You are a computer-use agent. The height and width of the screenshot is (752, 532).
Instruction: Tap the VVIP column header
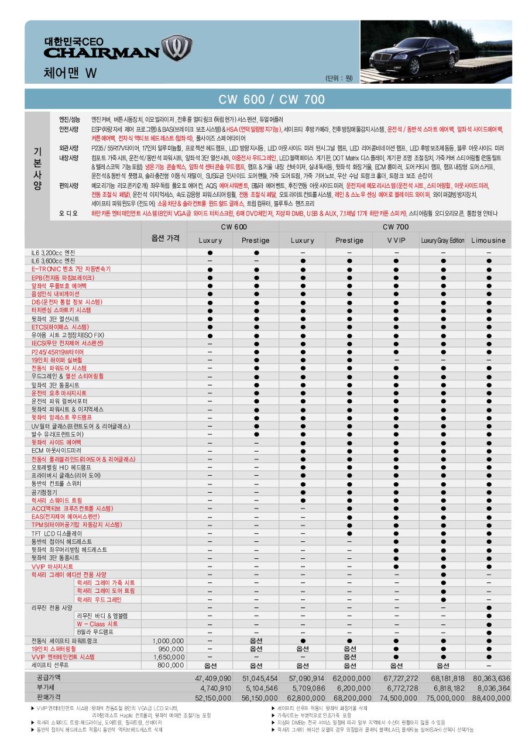point(396,241)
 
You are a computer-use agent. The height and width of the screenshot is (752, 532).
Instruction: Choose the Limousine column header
point(489,241)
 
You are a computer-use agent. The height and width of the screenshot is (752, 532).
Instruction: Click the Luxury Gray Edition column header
point(442,241)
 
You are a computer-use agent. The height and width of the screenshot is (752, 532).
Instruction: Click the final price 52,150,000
point(212,698)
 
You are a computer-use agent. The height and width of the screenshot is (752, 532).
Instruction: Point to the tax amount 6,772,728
point(397,688)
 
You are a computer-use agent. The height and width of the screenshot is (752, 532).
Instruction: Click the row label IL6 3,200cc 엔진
point(53,252)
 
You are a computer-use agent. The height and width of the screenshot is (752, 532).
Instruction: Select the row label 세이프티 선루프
point(50,665)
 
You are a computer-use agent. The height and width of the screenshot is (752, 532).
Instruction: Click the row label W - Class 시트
point(97,624)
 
